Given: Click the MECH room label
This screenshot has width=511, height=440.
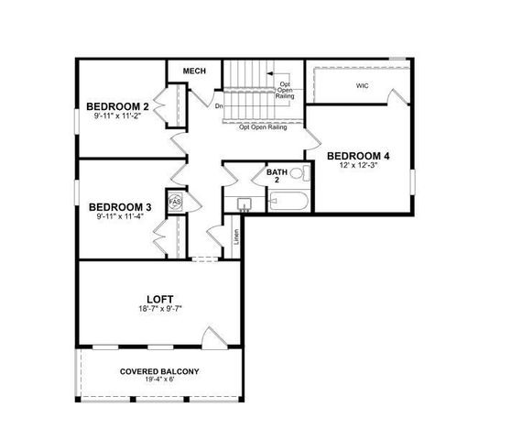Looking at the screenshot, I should click(x=194, y=71).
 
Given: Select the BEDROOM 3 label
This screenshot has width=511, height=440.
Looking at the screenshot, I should click(x=121, y=207).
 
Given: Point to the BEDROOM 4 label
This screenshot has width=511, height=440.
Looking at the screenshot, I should click(x=358, y=157).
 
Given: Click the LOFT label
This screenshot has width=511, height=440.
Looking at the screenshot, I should click(x=160, y=299).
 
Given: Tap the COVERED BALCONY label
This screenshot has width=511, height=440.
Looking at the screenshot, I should click(x=159, y=372).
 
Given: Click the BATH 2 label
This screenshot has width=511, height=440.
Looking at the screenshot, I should click(x=277, y=176).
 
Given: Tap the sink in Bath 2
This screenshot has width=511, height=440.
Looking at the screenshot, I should click(x=245, y=203).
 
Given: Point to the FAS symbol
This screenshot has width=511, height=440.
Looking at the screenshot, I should click(x=175, y=201).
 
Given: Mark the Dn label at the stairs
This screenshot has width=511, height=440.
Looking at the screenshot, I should click(x=220, y=105).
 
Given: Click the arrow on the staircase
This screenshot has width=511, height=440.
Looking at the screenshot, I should click(x=271, y=72).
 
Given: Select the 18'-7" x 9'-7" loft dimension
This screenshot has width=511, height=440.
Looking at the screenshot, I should click(x=160, y=310).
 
